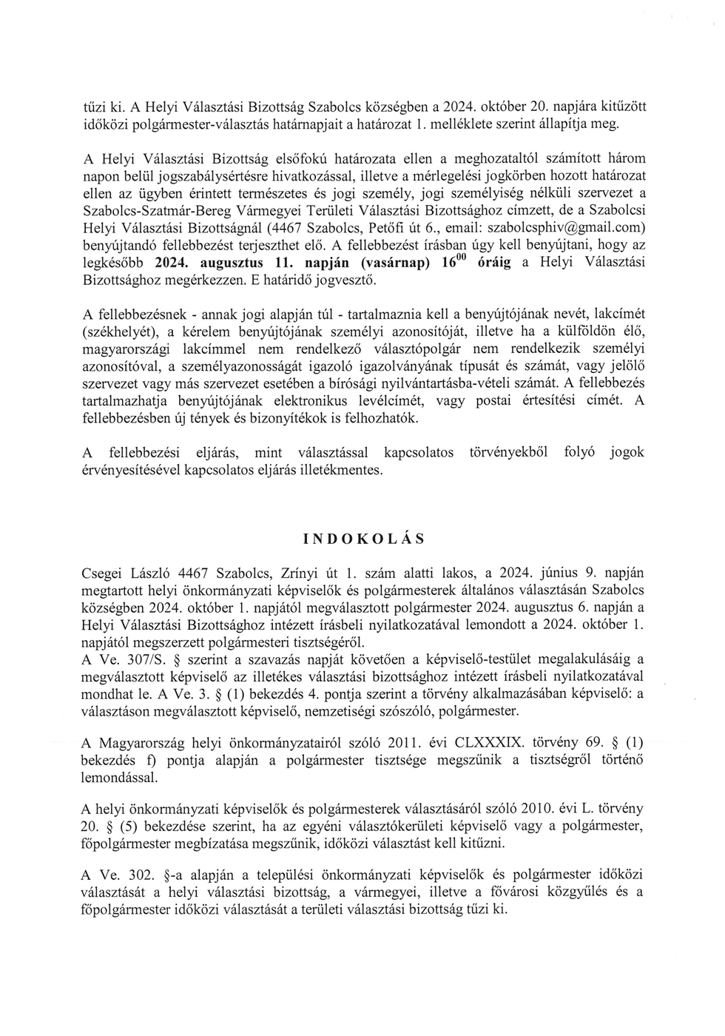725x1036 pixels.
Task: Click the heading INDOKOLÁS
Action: click(365, 538)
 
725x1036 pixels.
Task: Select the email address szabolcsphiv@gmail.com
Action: click(573, 224)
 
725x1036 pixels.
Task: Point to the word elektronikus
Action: click(300, 401)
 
